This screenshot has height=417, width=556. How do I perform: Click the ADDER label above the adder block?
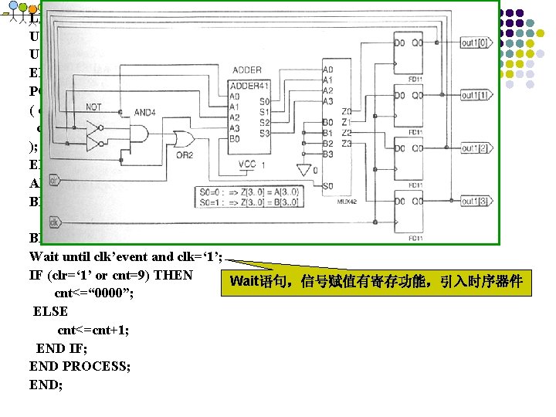pos(246,70)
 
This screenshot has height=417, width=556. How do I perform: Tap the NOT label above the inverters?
pos(93,107)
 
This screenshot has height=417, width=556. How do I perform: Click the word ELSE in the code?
pos(50,311)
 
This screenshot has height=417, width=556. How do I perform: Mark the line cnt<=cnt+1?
pos(93,330)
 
